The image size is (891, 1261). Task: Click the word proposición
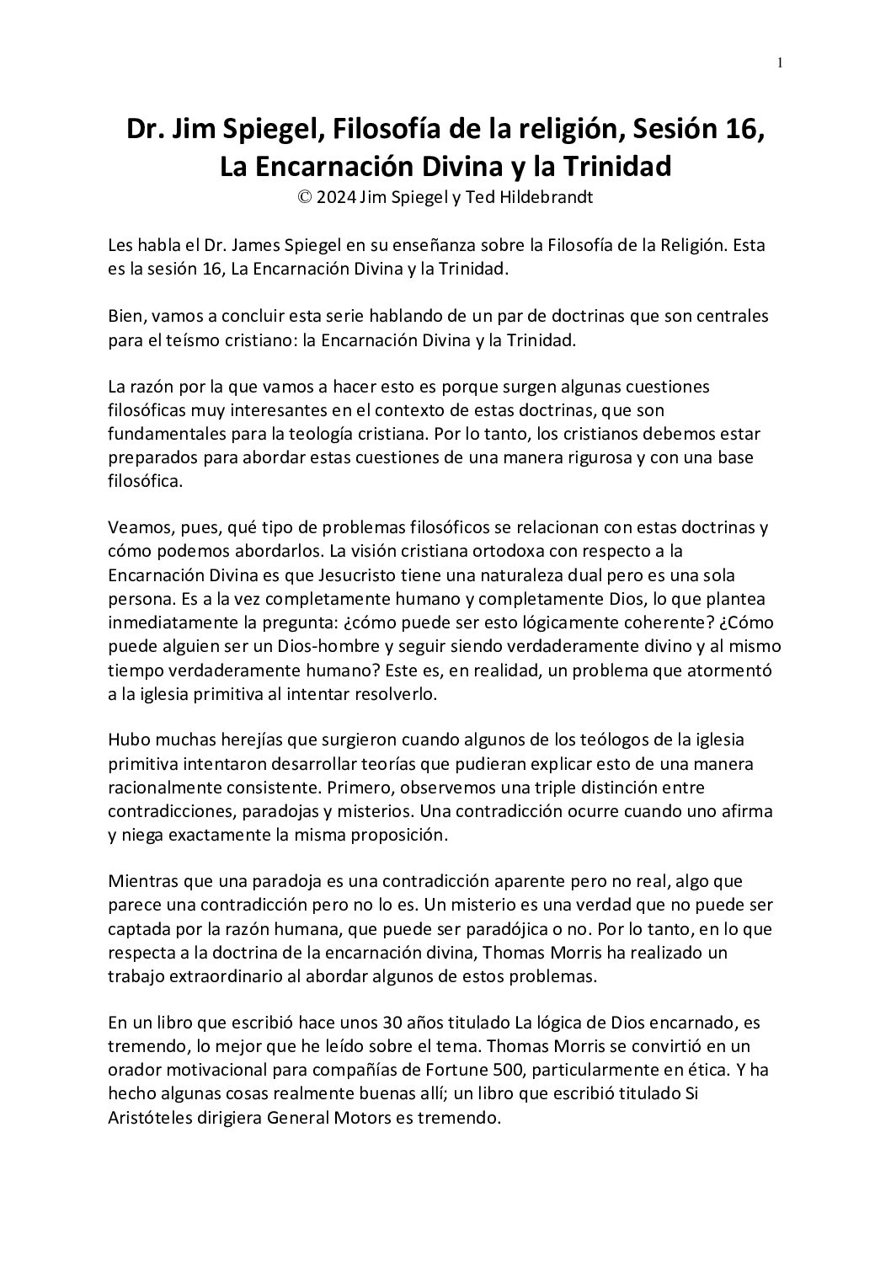click(395, 834)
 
